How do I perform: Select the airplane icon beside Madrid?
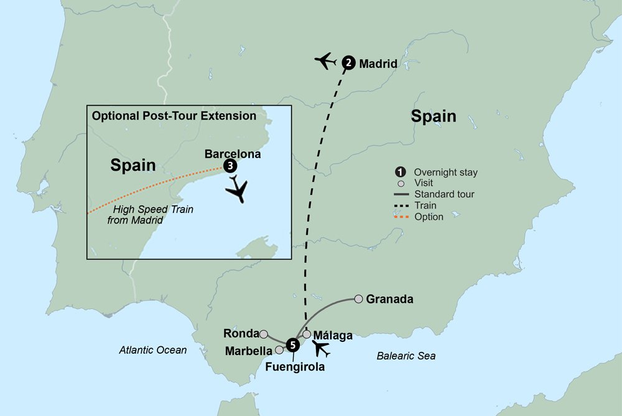tap(325, 61)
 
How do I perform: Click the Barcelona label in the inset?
tap(233, 154)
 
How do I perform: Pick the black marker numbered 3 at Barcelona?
tap(230, 166)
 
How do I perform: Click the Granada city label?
tap(390, 300)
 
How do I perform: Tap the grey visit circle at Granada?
tap(358, 299)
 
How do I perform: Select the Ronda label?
tap(240, 333)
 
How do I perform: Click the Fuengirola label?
tap(295, 367)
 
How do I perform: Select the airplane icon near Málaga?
tap(322, 349)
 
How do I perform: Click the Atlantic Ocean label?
tap(153, 350)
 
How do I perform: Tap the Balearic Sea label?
tap(406, 356)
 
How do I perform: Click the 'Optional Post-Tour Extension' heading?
tap(174, 116)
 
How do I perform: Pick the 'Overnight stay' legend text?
tap(445, 173)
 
